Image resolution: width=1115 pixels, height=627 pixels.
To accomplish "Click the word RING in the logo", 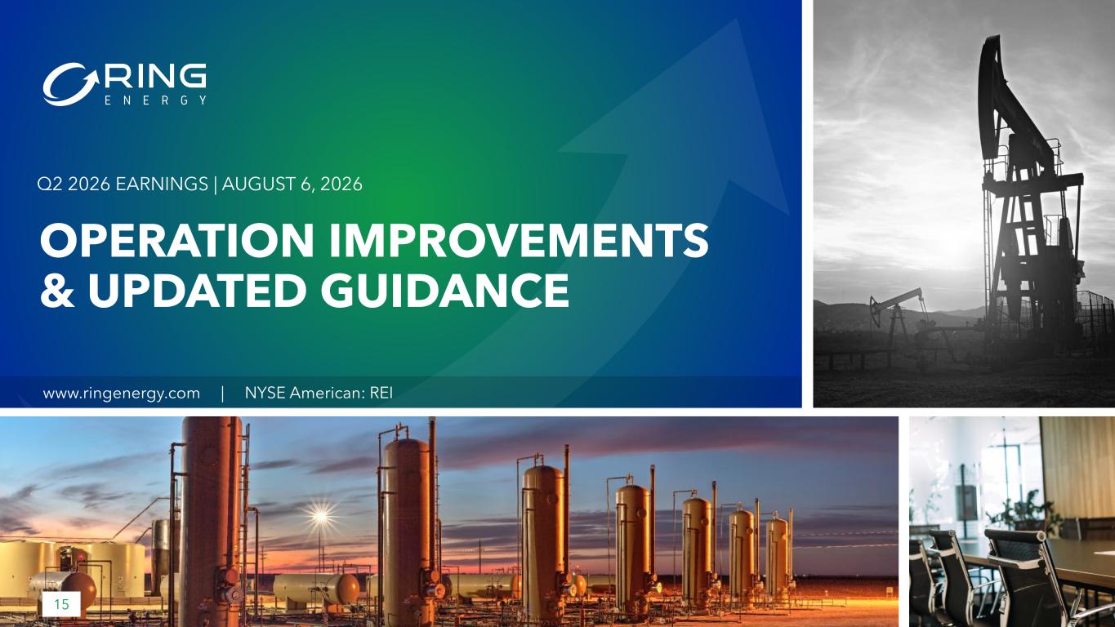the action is point(155,76).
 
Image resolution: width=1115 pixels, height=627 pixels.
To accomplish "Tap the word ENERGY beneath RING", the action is point(155,100).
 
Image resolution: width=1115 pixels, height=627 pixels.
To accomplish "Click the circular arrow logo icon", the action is point(71,84).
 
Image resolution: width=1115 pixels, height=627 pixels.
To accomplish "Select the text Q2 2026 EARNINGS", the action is point(123,185).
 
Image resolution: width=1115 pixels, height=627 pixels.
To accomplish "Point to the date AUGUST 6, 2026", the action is point(292,185).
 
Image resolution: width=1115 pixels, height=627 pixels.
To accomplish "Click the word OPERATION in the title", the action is point(176,240).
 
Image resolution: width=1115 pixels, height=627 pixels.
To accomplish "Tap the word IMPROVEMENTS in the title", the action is point(519,240).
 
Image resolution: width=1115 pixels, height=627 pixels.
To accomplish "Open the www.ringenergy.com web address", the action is point(122,394).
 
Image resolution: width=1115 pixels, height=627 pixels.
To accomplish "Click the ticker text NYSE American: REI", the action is point(319,394).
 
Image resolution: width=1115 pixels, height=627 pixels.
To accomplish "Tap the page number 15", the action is point(61,605).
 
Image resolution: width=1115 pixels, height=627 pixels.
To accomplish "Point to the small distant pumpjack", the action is point(896,318).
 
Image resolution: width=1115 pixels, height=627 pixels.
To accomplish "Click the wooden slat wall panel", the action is point(1077,467).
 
